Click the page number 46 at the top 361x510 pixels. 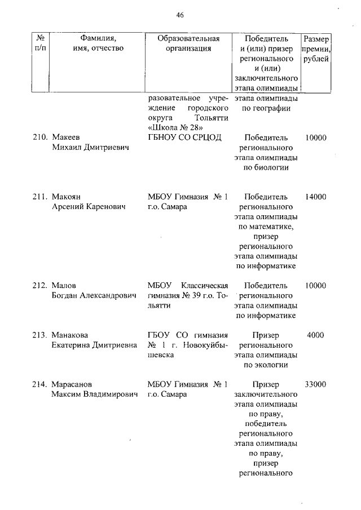coord(180,15)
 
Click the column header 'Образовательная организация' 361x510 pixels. coord(188,43)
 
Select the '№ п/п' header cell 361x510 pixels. coord(40,43)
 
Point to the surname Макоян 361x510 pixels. coord(66,197)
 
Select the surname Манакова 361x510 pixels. coord(70,335)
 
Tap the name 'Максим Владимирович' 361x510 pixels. coord(94,394)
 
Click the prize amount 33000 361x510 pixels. coord(315,384)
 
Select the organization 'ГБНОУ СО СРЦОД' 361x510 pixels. coord(184,138)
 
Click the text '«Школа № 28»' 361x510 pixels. coord(173,128)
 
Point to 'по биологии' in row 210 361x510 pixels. coord(266,167)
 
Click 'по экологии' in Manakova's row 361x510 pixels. coord(266,365)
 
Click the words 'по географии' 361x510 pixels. coord(266,108)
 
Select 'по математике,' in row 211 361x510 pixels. coord(266,227)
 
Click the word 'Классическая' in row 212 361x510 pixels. coord(204,286)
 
